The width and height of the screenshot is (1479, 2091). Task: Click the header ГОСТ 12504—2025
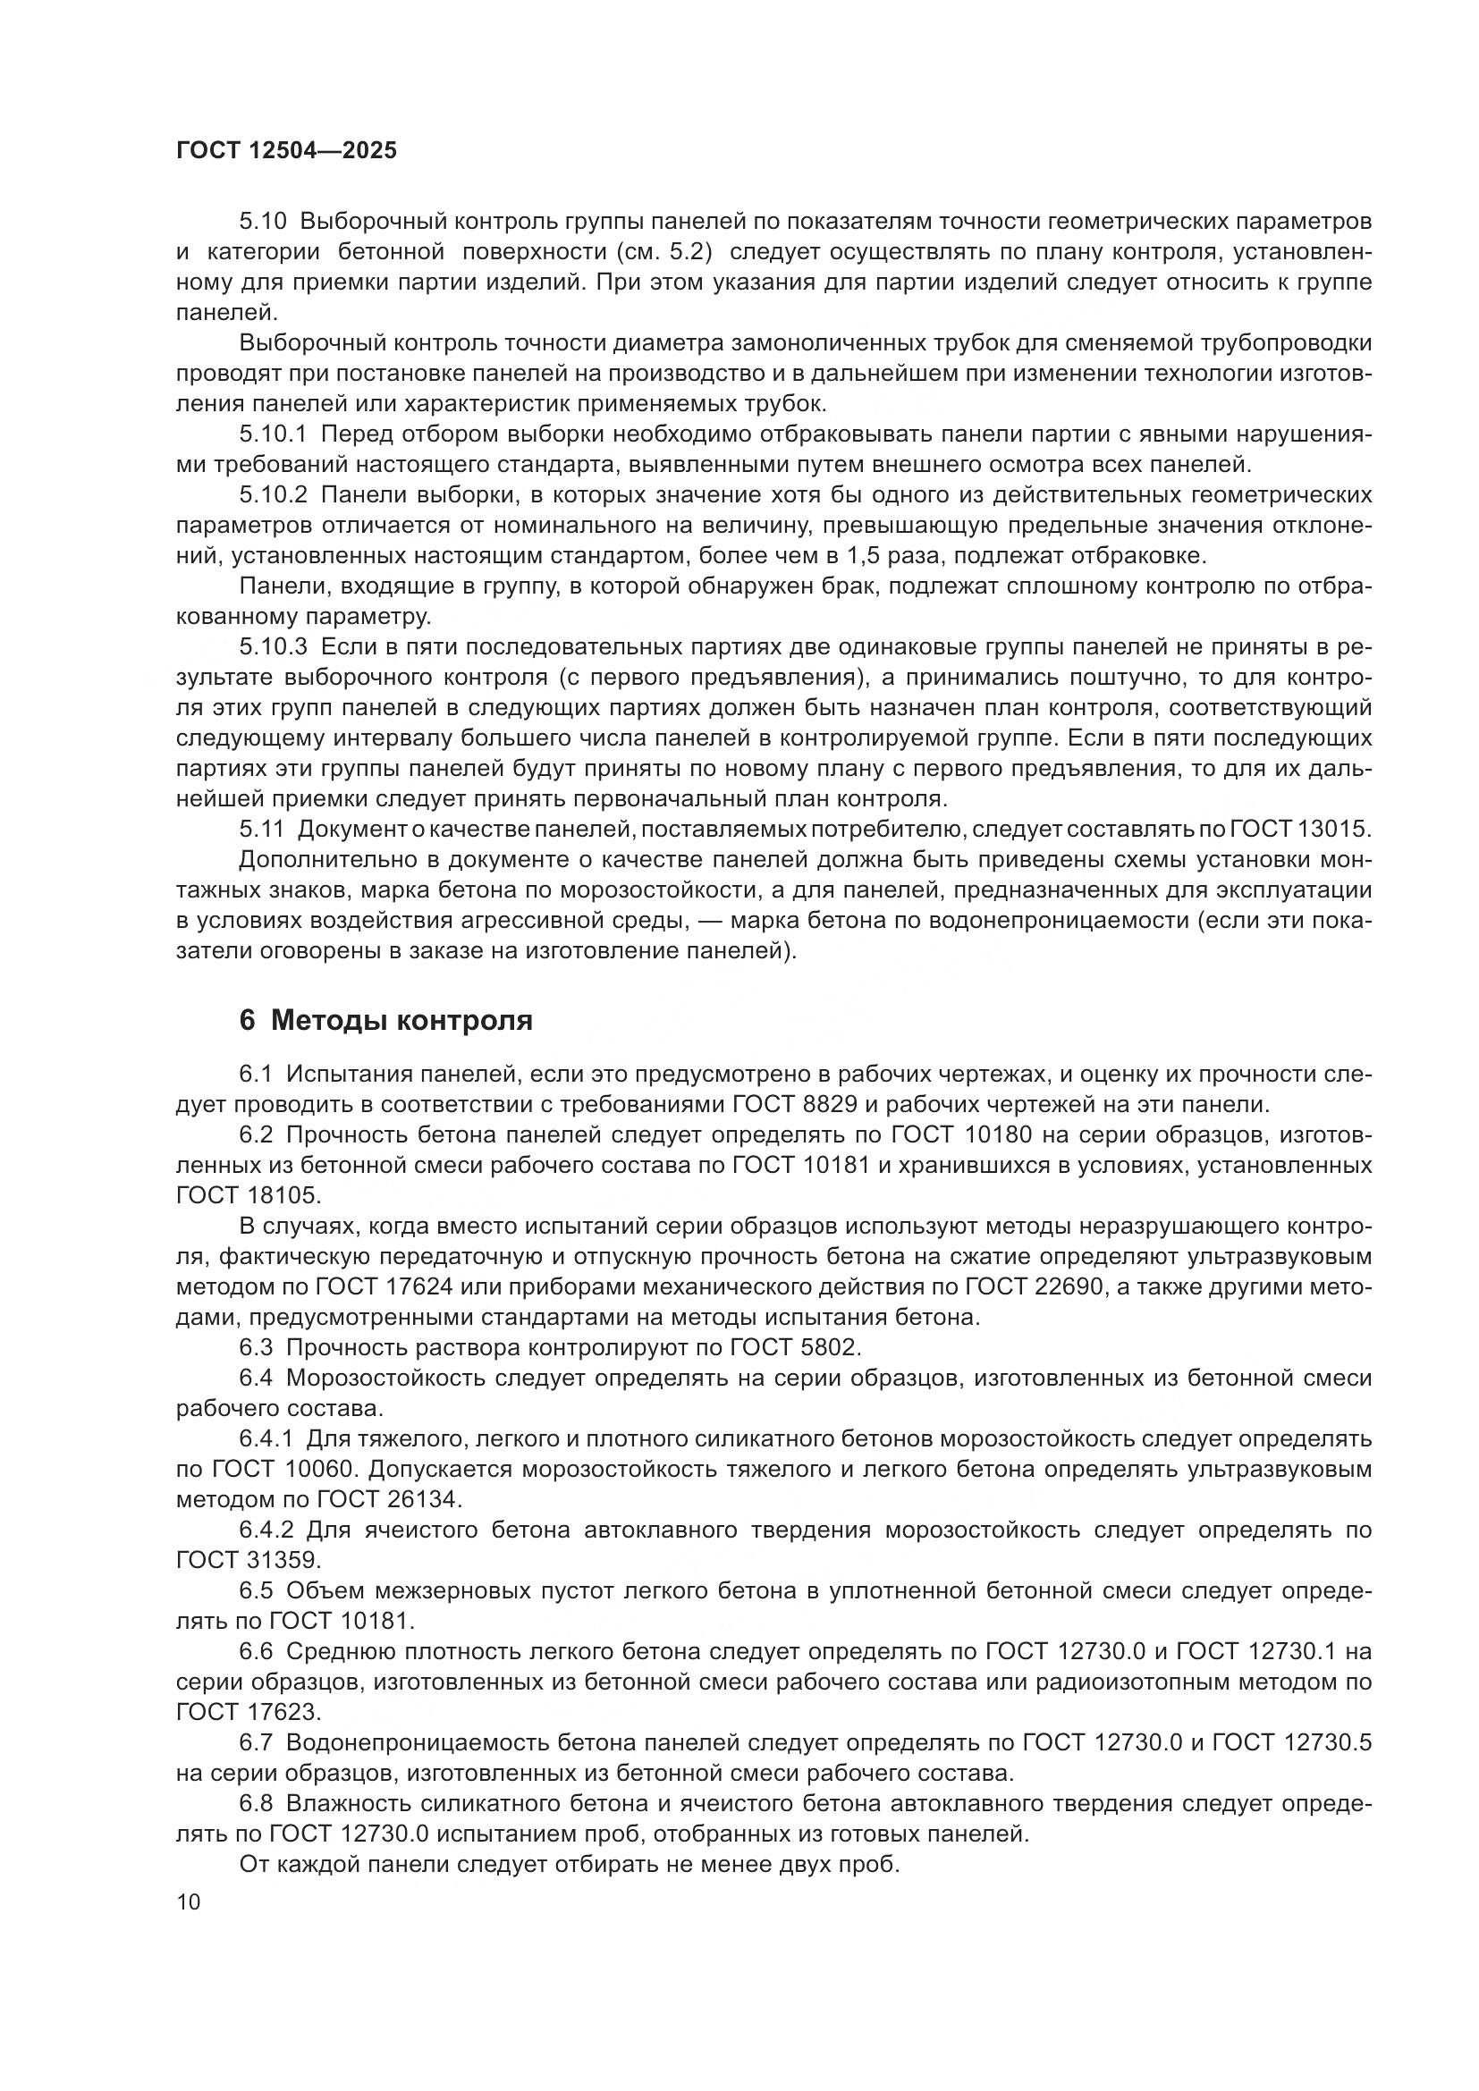click(x=286, y=151)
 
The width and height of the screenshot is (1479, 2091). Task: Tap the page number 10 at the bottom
click(x=188, y=1902)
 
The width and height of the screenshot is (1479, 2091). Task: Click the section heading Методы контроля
click(x=401, y=1021)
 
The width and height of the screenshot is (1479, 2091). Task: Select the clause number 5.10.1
click(x=274, y=434)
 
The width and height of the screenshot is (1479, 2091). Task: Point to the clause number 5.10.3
click(x=274, y=647)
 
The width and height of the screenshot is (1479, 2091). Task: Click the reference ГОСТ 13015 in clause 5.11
click(x=1300, y=830)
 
